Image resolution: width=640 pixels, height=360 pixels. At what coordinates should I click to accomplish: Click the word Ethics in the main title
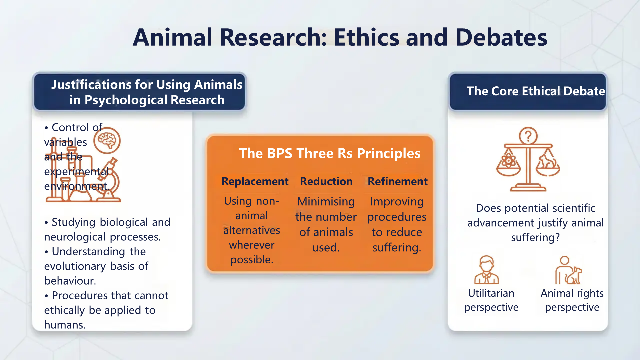pyautogui.click(x=366, y=37)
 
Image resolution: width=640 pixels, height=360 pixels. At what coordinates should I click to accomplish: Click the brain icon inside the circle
pyautogui.click(x=107, y=141)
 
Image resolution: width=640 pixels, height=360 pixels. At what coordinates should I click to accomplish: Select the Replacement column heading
pyautogui.click(x=255, y=181)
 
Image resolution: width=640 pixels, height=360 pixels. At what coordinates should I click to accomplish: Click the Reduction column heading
pyautogui.click(x=326, y=181)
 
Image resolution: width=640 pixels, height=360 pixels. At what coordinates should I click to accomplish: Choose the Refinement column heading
pyautogui.click(x=397, y=181)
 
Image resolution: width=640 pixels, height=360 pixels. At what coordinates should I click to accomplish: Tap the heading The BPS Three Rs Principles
pyautogui.click(x=330, y=153)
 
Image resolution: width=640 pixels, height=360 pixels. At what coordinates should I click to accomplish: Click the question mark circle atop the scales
pyautogui.click(x=528, y=136)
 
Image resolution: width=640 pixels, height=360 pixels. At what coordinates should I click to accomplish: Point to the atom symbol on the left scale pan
pyautogui.click(x=509, y=161)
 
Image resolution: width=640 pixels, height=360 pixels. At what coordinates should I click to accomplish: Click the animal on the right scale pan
pyautogui.click(x=547, y=161)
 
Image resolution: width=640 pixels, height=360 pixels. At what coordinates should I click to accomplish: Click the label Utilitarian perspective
pyautogui.click(x=491, y=300)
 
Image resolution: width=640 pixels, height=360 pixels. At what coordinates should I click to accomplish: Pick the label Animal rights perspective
pyautogui.click(x=572, y=300)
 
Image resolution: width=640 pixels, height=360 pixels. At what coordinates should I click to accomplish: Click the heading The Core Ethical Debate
pyautogui.click(x=535, y=91)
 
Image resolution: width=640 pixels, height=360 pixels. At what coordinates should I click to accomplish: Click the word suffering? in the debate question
pyautogui.click(x=535, y=238)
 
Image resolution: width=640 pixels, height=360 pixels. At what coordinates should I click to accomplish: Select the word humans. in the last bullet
pyautogui.click(x=65, y=325)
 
